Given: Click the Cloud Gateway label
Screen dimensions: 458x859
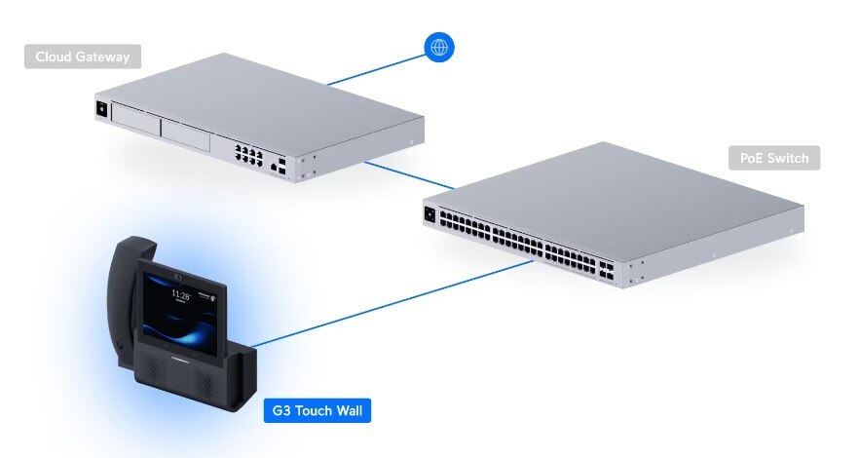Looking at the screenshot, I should click(x=83, y=57).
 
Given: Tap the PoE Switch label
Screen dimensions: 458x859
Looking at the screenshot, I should click(x=774, y=158).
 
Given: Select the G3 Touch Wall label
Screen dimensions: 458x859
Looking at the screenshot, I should click(x=317, y=410).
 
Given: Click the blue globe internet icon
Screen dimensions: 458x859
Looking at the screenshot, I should click(x=439, y=48).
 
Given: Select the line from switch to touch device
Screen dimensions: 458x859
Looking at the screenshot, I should click(x=390, y=301).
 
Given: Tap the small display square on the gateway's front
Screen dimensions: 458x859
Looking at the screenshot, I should click(x=99, y=109).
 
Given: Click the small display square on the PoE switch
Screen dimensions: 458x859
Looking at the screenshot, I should click(x=429, y=214).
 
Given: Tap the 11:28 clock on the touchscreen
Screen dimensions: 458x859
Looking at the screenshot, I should click(x=180, y=293).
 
